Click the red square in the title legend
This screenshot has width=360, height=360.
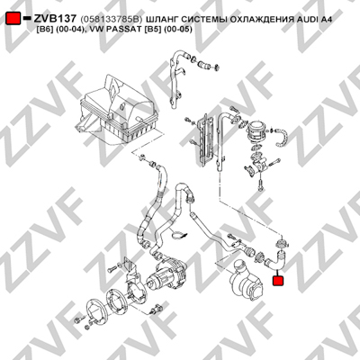(x=13, y=19)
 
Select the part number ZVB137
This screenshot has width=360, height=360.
(x=55, y=19)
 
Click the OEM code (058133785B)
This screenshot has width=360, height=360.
(x=111, y=20)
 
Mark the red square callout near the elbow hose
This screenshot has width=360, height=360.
(x=278, y=281)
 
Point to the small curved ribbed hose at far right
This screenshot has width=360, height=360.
(x=282, y=138)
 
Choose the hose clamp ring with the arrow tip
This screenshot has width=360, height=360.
(x=179, y=235)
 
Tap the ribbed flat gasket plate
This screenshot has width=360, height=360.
(x=206, y=139)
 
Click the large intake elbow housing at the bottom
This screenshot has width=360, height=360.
(x=247, y=278)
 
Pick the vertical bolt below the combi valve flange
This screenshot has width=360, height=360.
(x=260, y=184)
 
